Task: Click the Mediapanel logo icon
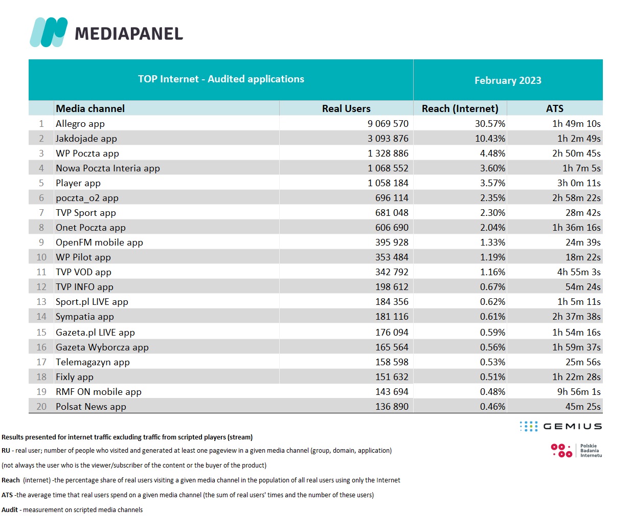pos(49,32)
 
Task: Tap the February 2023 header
pos(508,80)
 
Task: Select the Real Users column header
pos(346,108)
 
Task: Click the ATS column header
pos(554,108)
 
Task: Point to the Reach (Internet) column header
pos(460,108)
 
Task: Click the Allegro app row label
pos(80,124)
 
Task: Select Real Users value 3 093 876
pos(388,139)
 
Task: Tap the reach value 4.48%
pos(492,153)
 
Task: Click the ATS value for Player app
pos(579,183)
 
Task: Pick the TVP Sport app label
pos(86,213)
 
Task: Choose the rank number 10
pos(41,257)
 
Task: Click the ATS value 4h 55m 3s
pos(579,272)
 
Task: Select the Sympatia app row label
pos(85,317)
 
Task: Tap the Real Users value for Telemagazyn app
pos(392,362)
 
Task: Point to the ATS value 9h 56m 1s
pos(579,392)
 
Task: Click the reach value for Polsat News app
pos(492,407)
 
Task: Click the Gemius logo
pos(560,426)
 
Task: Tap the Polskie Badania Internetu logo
pos(576,450)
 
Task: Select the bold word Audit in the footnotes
pos(10,510)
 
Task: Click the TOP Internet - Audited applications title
pos(221,79)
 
